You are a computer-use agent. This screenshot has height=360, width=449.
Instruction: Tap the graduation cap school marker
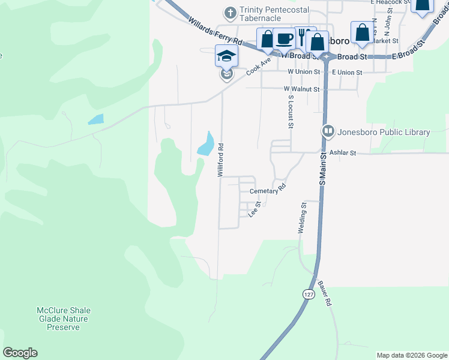click(227, 56)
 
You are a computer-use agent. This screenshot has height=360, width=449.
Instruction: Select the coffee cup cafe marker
click(285, 39)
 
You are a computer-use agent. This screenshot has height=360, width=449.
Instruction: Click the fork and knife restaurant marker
click(304, 35)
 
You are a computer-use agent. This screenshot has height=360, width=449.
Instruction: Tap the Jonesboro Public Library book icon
click(328, 131)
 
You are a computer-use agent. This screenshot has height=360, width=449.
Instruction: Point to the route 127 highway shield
click(306, 295)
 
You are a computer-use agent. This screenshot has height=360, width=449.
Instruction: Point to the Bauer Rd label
click(325, 293)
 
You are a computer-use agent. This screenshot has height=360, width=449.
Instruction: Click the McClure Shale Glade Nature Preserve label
click(64, 319)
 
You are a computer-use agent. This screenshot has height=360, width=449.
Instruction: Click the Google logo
click(20, 353)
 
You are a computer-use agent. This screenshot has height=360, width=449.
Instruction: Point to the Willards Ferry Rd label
click(214, 33)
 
